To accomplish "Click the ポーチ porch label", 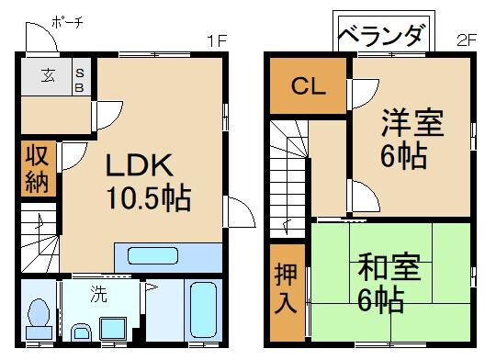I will point(66,21).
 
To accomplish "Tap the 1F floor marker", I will point(216,41).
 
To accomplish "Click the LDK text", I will point(137,166).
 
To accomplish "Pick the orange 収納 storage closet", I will point(37,168).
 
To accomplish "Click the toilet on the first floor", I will point(38,316).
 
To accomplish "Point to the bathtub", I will point(202,311).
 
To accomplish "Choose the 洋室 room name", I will point(411,122).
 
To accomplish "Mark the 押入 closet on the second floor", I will point(287,290).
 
